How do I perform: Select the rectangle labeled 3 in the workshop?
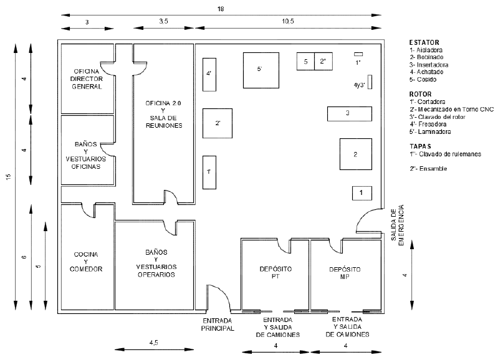348,113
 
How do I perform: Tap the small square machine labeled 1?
361,193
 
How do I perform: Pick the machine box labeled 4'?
209,73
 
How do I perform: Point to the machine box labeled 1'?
209,172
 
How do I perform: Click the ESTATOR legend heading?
424,42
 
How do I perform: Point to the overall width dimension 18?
221,9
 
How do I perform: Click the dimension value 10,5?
287,22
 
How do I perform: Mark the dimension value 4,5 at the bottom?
153,343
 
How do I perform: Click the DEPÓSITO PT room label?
275,272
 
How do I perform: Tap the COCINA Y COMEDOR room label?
87,262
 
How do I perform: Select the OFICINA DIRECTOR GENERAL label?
87,78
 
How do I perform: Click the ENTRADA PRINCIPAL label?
218,324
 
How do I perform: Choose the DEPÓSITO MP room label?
345,272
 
